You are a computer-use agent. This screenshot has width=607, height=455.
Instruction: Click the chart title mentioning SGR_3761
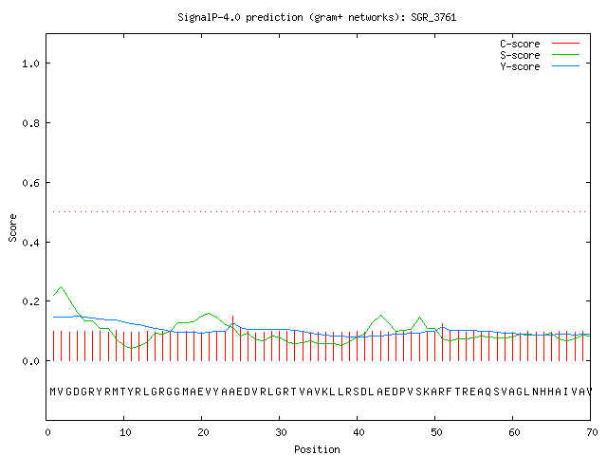pos(317,17)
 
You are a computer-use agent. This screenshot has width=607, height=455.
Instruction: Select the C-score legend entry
pos(540,44)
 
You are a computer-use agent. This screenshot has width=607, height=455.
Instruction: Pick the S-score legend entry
pos(540,55)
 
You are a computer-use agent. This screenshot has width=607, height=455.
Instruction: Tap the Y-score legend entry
pos(540,66)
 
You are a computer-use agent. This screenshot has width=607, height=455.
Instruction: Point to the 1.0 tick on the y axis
pos(30,64)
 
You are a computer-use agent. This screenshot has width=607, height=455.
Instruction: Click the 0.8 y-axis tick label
pos(30,123)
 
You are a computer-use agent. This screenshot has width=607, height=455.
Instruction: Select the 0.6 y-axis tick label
pos(30,183)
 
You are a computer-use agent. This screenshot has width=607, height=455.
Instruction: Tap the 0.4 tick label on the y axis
pos(30,243)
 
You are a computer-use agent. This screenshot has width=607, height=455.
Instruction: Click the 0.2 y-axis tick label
pos(30,301)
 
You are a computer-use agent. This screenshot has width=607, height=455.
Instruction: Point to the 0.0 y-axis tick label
pos(30,361)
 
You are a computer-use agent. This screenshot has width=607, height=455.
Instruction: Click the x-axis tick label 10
pos(125,432)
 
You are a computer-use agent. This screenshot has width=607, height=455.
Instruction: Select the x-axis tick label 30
pos(281,432)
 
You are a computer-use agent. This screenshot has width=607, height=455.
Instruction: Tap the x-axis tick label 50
pos(436,432)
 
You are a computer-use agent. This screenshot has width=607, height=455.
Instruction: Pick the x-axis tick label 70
pos(592,432)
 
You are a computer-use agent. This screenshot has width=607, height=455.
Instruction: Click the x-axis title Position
pos(317,449)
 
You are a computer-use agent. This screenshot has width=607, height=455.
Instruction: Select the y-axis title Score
pos(12,227)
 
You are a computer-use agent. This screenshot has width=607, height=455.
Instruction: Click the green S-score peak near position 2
pos(61,286)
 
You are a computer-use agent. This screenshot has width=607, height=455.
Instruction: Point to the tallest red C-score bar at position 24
pos(232,338)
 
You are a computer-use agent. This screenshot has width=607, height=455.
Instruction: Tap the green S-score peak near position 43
pos(381,316)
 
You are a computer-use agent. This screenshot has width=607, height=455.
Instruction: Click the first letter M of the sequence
pos(53,391)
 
